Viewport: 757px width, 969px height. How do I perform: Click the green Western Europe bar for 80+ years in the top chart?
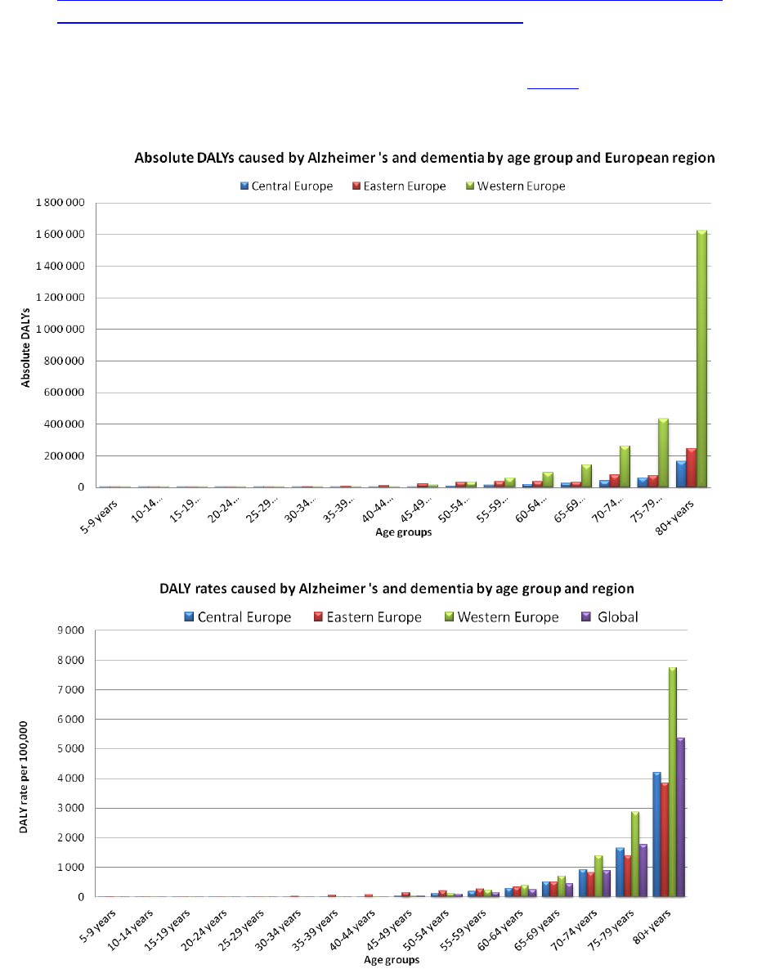coord(701,360)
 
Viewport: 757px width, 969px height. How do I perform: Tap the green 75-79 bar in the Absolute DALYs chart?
coord(664,453)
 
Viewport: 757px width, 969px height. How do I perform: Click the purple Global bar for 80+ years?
coord(679,817)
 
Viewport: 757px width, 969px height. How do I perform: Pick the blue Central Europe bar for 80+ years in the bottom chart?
coord(656,834)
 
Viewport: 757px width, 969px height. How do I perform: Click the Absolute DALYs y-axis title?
coord(26,345)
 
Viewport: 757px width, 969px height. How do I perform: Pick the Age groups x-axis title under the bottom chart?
coord(392,959)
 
